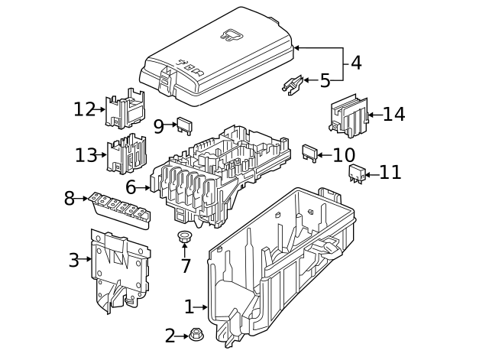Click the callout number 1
tap(189, 307)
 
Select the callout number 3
tap(74, 260)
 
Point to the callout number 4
tap(356, 63)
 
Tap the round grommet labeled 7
tap(184, 236)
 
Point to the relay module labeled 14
tap(348, 116)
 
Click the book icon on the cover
tap(230, 34)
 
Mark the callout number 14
tap(393, 115)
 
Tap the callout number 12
tap(85, 109)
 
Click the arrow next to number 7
tap(184, 249)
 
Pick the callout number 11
tap(390, 173)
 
